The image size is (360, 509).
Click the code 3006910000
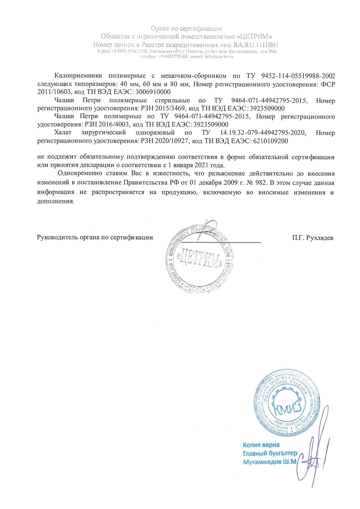point(153,92)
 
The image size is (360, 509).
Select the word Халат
point(62,133)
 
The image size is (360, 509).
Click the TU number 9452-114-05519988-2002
point(298,76)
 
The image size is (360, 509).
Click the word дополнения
point(56,201)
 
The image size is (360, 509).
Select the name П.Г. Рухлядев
point(313,238)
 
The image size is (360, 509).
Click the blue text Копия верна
point(261,445)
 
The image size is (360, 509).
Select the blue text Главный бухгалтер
point(270,453)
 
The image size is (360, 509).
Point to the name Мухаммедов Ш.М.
point(269,461)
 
